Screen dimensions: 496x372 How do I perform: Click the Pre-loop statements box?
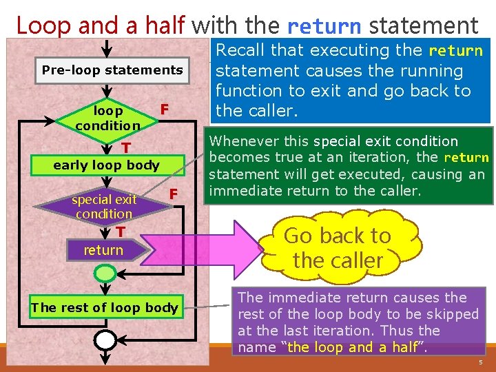pyautogui.click(x=112, y=70)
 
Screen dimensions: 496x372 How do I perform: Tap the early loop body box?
pyautogui.click(x=106, y=165)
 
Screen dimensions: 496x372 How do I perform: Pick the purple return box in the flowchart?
pyautogui.click(x=103, y=250)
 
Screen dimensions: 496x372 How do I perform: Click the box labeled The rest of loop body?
pyautogui.click(x=104, y=308)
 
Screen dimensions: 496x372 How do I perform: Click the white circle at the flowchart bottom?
pyautogui.click(x=105, y=340)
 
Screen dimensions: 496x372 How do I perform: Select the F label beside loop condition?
pyautogui.click(x=164, y=110)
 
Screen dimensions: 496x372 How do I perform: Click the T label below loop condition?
pyautogui.click(x=126, y=149)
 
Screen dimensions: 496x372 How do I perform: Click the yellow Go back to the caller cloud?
pyautogui.click(x=338, y=248)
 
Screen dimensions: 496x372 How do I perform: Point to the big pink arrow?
pyautogui.click(x=207, y=248)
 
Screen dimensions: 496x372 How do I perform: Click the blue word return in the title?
pyautogui.click(x=324, y=26)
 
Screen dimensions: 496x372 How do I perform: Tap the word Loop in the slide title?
pyautogui.click(x=43, y=26)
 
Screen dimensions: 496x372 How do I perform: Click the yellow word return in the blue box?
pyautogui.click(x=455, y=51)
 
